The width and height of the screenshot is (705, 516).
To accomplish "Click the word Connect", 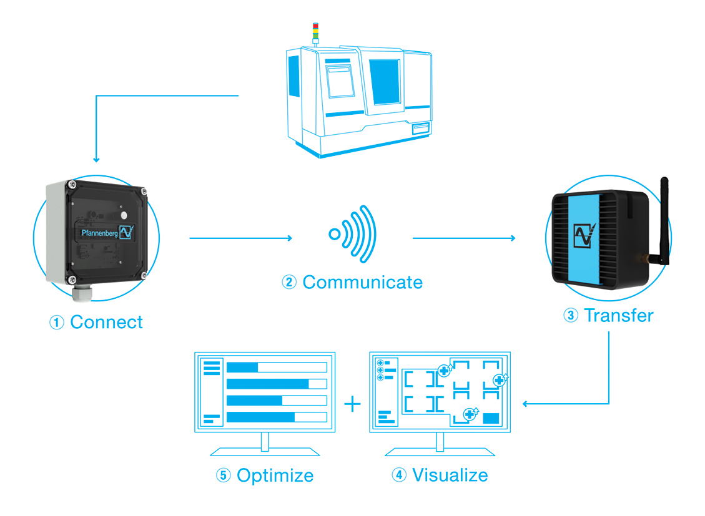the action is pyautogui.click(x=107, y=322).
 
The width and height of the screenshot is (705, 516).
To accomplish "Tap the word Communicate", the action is pyautogui.click(x=363, y=283).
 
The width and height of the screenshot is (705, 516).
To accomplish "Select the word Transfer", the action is pyautogui.click(x=619, y=315).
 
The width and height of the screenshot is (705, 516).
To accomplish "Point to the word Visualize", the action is pyautogui.click(x=450, y=475).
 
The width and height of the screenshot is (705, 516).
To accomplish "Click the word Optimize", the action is pyautogui.click(x=275, y=475).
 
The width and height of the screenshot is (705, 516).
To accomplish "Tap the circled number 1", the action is pyautogui.click(x=57, y=323).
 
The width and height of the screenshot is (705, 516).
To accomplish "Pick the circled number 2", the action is pyautogui.click(x=289, y=282).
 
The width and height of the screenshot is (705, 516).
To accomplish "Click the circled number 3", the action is pyautogui.click(x=571, y=315).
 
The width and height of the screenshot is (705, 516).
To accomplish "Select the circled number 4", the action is pyautogui.click(x=399, y=475).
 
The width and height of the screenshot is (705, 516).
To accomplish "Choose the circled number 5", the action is pyautogui.click(x=223, y=475).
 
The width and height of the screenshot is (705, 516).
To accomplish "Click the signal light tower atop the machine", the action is pyautogui.click(x=315, y=34).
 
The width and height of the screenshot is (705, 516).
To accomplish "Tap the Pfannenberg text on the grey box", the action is pyautogui.click(x=99, y=233).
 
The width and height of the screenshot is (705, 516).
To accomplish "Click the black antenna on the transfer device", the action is pyautogui.click(x=664, y=221).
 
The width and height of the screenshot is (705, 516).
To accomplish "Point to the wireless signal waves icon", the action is pyautogui.click(x=353, y=234).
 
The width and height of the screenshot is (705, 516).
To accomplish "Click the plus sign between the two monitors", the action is pyautogui.click(x=352, y=404).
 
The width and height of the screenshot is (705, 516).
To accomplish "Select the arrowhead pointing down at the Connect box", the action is pyautogui.click(x=96, y=160).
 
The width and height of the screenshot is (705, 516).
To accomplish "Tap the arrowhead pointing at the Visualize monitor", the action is pyautogui.click(x=525, y=404).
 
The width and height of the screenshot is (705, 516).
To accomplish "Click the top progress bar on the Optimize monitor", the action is pyautogui.click(x=277, y=368).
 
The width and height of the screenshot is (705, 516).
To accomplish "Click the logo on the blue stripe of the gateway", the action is pyautogui.click(x=584, y=235).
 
